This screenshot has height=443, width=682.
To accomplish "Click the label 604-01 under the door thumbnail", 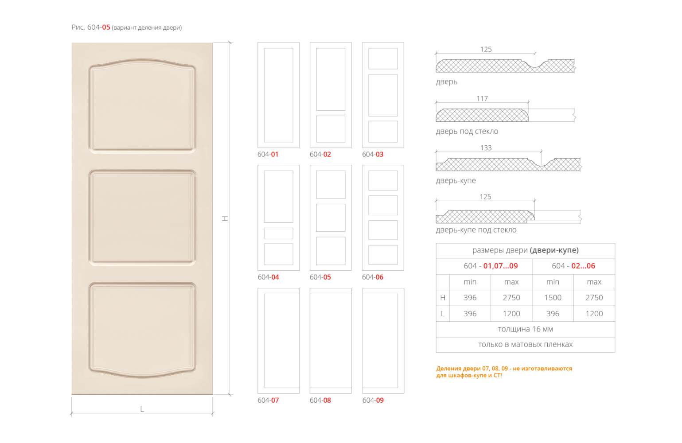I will point(268,155).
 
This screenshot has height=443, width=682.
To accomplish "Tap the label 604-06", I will point(373,277).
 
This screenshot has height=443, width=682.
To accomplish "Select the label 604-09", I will point(373,400).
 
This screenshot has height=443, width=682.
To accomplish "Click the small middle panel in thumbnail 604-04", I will point(278,233).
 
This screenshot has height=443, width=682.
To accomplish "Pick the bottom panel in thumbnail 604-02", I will point(331,129).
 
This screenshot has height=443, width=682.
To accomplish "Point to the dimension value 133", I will point(486,148).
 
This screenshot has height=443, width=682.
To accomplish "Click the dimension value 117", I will point(482,99).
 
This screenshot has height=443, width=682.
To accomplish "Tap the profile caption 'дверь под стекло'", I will point(467,132).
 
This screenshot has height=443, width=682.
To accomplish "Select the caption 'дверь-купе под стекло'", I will point(476,230).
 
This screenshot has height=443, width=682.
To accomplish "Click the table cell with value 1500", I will point(553,298).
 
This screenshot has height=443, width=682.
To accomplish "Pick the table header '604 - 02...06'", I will point(573,266).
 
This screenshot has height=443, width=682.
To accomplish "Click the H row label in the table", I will point(442,298).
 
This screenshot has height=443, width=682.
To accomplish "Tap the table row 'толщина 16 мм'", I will point(525,329).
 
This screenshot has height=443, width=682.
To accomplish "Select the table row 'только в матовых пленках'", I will point(525,345).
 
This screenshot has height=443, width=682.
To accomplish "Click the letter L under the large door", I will point(142,409).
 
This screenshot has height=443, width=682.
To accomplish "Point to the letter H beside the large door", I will point(226,218).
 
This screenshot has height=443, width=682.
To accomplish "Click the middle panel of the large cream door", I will point(142,217).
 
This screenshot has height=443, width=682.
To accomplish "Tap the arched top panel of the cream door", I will point(142,106).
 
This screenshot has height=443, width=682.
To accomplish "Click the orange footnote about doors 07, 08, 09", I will point(504,372).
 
